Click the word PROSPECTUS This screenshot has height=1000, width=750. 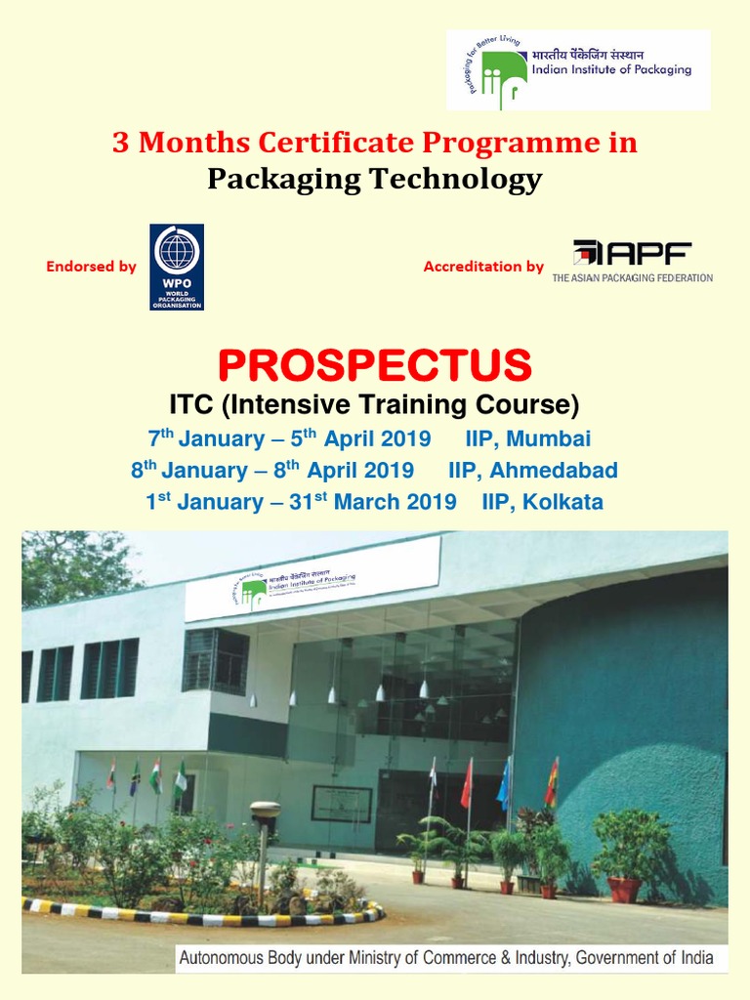(374, 364)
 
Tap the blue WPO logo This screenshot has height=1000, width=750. (177, 267)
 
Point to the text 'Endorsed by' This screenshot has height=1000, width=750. (91, 267)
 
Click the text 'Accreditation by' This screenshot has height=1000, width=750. (483, 267)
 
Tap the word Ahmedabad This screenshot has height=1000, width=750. (553, 470)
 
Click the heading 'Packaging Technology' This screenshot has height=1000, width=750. (374, 179)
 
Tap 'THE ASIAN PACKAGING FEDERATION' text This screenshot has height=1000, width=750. (632, 278)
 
